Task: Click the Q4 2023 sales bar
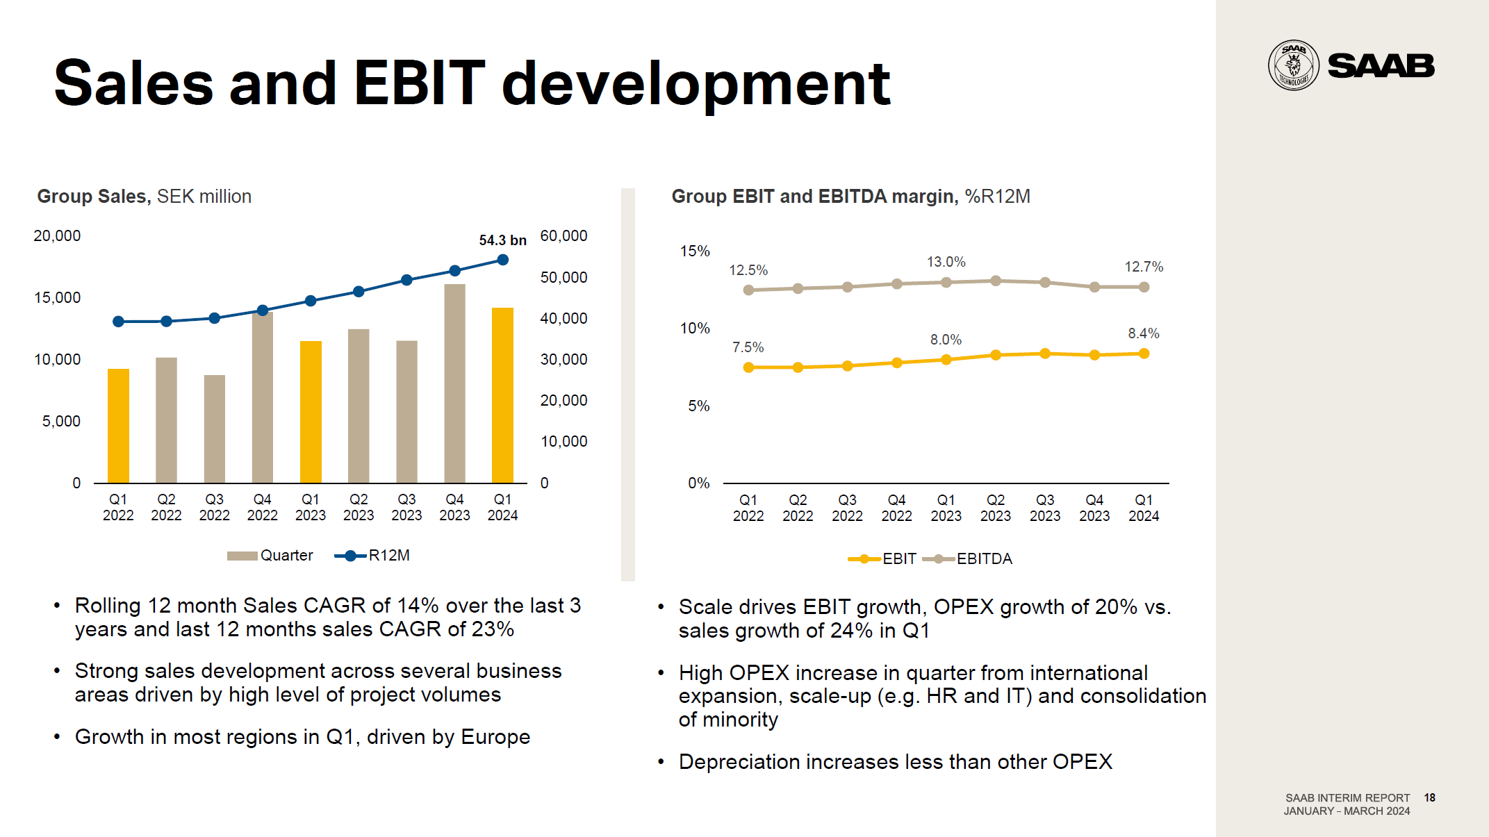point(454,383)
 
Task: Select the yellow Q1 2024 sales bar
point(502,395)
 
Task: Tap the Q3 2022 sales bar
point(214,429)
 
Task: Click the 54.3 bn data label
point(502,240)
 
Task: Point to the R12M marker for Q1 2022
point(118,322)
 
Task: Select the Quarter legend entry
point(270,556)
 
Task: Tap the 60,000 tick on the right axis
point(563,236)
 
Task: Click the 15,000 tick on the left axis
point(57,298)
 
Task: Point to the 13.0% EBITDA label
point(946,262)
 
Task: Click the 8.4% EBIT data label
point(1143,333)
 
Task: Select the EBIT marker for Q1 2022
point(748,367)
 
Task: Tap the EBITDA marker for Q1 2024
point(1144,287)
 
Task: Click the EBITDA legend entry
point(969,559)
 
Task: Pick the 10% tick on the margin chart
point(695,329)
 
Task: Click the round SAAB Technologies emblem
point(1293,65)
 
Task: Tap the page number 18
point(1429,797)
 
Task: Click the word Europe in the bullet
point(495,737)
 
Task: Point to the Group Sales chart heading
point(144,197)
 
